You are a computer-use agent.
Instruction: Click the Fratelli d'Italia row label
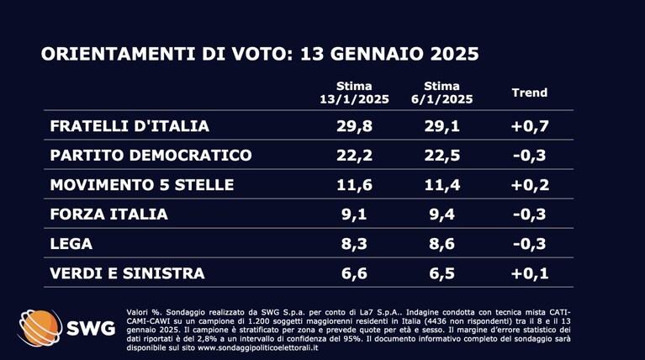click(130, 126)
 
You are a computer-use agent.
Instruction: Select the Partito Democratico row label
click(151, 155)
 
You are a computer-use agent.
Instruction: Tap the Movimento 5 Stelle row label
click(142, 185)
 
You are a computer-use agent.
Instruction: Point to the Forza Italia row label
click(108, 214)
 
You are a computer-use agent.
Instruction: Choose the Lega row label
click(71, 244)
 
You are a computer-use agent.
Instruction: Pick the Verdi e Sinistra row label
click(127, 273)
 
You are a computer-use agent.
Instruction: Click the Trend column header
click(530, 93)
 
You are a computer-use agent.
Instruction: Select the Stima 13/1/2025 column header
click(354, 93)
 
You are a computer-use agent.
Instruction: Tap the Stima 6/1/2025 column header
click(441, 93)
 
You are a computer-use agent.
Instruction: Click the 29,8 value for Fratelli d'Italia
click(354, 126)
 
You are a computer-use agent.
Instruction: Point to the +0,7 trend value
click(530, 126)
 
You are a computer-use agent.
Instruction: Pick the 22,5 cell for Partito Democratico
click(441, 155)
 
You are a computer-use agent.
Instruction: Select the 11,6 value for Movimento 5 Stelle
click(354, 185)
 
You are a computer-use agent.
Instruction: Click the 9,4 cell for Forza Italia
click(441, 214)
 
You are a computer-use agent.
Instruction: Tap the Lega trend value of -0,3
click(530, 244)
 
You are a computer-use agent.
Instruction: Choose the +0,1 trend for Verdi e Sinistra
click(530, 273)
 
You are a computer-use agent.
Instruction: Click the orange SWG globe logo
click(40, 328)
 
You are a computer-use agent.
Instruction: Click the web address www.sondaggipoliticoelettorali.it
click(258, 347)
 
